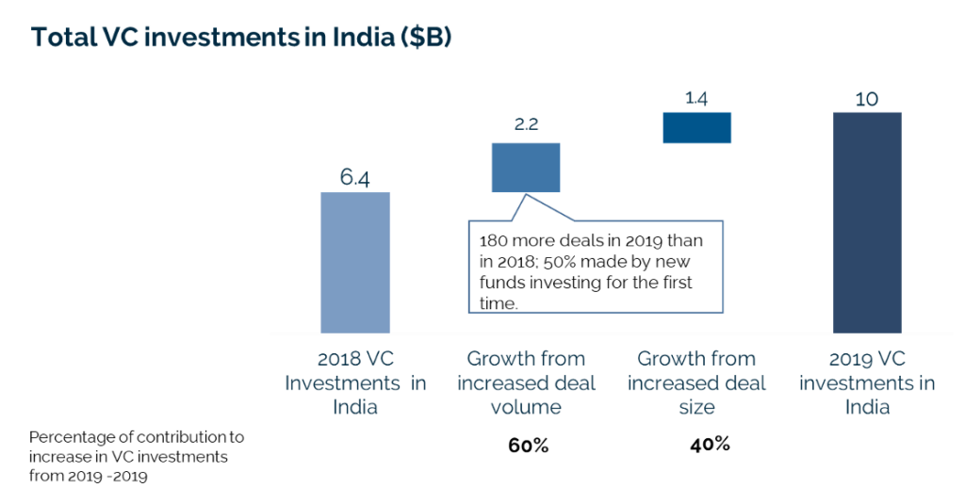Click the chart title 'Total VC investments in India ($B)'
241,37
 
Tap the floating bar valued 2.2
526,168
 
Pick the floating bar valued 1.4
696,127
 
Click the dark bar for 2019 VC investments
867,222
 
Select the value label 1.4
697,96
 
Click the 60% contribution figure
528,446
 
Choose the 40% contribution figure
710,444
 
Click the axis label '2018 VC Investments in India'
355,382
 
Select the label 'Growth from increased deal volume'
526,382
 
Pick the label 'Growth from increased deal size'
696,382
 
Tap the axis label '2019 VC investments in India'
867,382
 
